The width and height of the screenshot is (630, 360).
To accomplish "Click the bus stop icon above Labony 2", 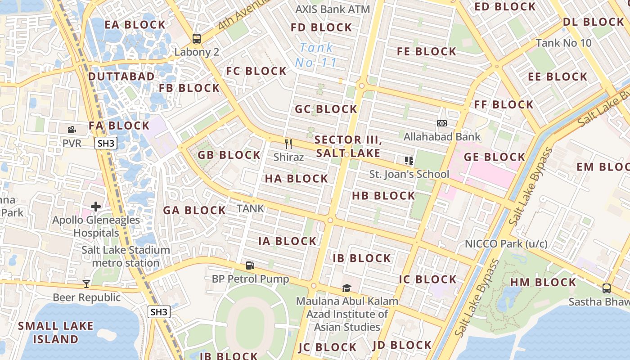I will pos(197,39).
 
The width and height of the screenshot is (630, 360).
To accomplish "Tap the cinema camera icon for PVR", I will pos(72,130).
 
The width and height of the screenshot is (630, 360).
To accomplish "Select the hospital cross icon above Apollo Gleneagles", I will pos(96,207).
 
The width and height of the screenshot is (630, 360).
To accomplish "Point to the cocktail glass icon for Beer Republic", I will pos(86,283).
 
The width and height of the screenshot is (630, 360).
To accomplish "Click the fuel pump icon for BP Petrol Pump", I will pos(250,265).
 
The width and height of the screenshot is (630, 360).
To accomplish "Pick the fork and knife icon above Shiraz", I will pos(288,144).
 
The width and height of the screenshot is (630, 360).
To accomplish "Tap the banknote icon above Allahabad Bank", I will pos(442,123).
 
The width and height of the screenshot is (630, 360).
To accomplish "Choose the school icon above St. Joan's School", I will pos(409,160).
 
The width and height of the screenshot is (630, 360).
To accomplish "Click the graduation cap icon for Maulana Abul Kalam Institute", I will pos(346,288).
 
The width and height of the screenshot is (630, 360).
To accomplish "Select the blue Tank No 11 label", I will pos(317,55).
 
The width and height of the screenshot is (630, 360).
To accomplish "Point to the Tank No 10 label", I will pos(563,43).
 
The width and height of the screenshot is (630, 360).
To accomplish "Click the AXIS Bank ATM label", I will pos(333,9).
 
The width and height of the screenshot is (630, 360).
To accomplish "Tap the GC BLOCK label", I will pos(326,109).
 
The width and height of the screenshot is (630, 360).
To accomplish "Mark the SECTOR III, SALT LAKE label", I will pos(348,146).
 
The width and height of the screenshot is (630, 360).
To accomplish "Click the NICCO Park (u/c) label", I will pos(506,243).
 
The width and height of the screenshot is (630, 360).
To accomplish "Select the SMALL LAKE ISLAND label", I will pos(56,332).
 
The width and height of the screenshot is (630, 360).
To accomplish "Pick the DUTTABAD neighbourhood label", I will pos(121,76).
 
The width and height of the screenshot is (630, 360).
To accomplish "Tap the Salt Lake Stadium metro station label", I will pos(126,256).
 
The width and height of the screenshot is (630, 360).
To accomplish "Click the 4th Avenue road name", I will pos(243,14).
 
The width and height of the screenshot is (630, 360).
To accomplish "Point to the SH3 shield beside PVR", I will pos(106,144).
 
